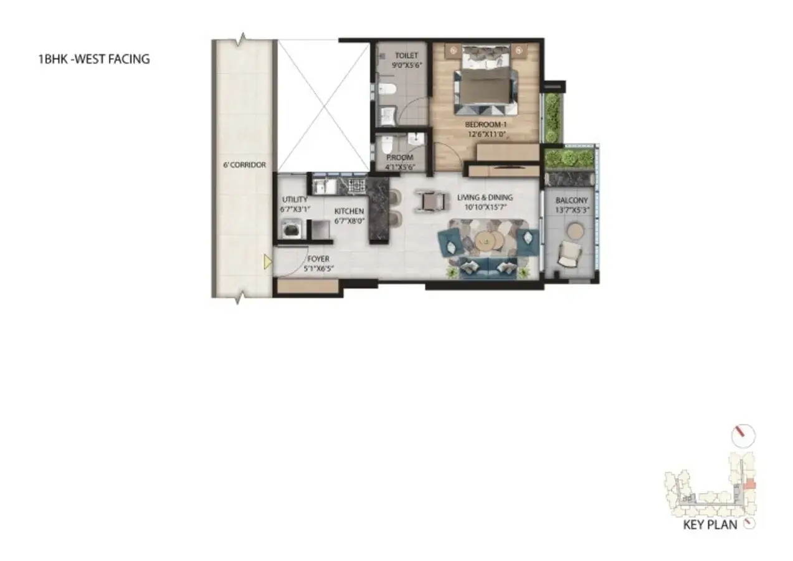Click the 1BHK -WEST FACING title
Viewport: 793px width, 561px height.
[x=94, y=59]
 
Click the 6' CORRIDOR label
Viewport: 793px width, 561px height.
[x=244, y=165]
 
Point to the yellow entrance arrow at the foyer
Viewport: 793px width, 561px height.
[x=268, y=262]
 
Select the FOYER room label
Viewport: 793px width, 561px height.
[x=318, y=259]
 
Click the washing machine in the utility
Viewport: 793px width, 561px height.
[x=292, y=229]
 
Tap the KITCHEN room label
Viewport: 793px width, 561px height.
[x=349, y=211]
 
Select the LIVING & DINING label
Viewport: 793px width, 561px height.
[x=485, y=197]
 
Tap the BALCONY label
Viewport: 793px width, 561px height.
[x=572, y=200]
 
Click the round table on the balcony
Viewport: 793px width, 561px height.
[x=575, y=230]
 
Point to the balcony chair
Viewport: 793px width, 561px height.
[x=570, y=253]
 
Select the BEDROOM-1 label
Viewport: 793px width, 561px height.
[x=486, y=125]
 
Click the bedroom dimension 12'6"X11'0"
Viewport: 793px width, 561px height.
[x=487, y=135]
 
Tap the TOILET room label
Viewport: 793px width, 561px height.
[x=406, y=55]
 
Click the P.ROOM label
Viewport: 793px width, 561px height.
[x=400, y=157]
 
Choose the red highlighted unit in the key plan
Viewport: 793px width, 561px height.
[x=750, y=485]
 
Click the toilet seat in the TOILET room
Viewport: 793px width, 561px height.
[x=387, y=89]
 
